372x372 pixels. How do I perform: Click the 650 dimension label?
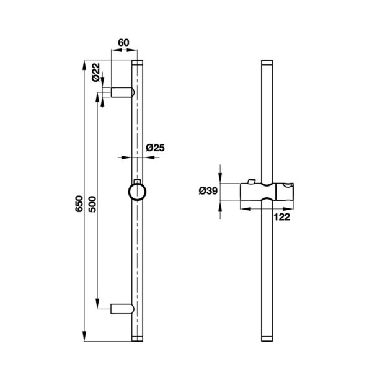click(x=79, y=204)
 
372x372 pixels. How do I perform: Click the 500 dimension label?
click(x=92, y=204)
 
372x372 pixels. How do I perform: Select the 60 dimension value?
click(x=123, y=43)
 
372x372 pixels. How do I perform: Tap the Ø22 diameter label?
click(x=96, y=73)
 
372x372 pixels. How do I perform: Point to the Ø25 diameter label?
click(x=155, y=148)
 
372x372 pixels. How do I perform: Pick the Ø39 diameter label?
click(x=208, y=191)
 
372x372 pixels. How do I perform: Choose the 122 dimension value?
click(x=282, y=217)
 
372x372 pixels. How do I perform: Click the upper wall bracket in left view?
click(x=123, y=92)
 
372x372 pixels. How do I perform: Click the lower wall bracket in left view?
click(x=122, y=309)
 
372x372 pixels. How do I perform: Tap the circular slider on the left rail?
click(x=137, y=192)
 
